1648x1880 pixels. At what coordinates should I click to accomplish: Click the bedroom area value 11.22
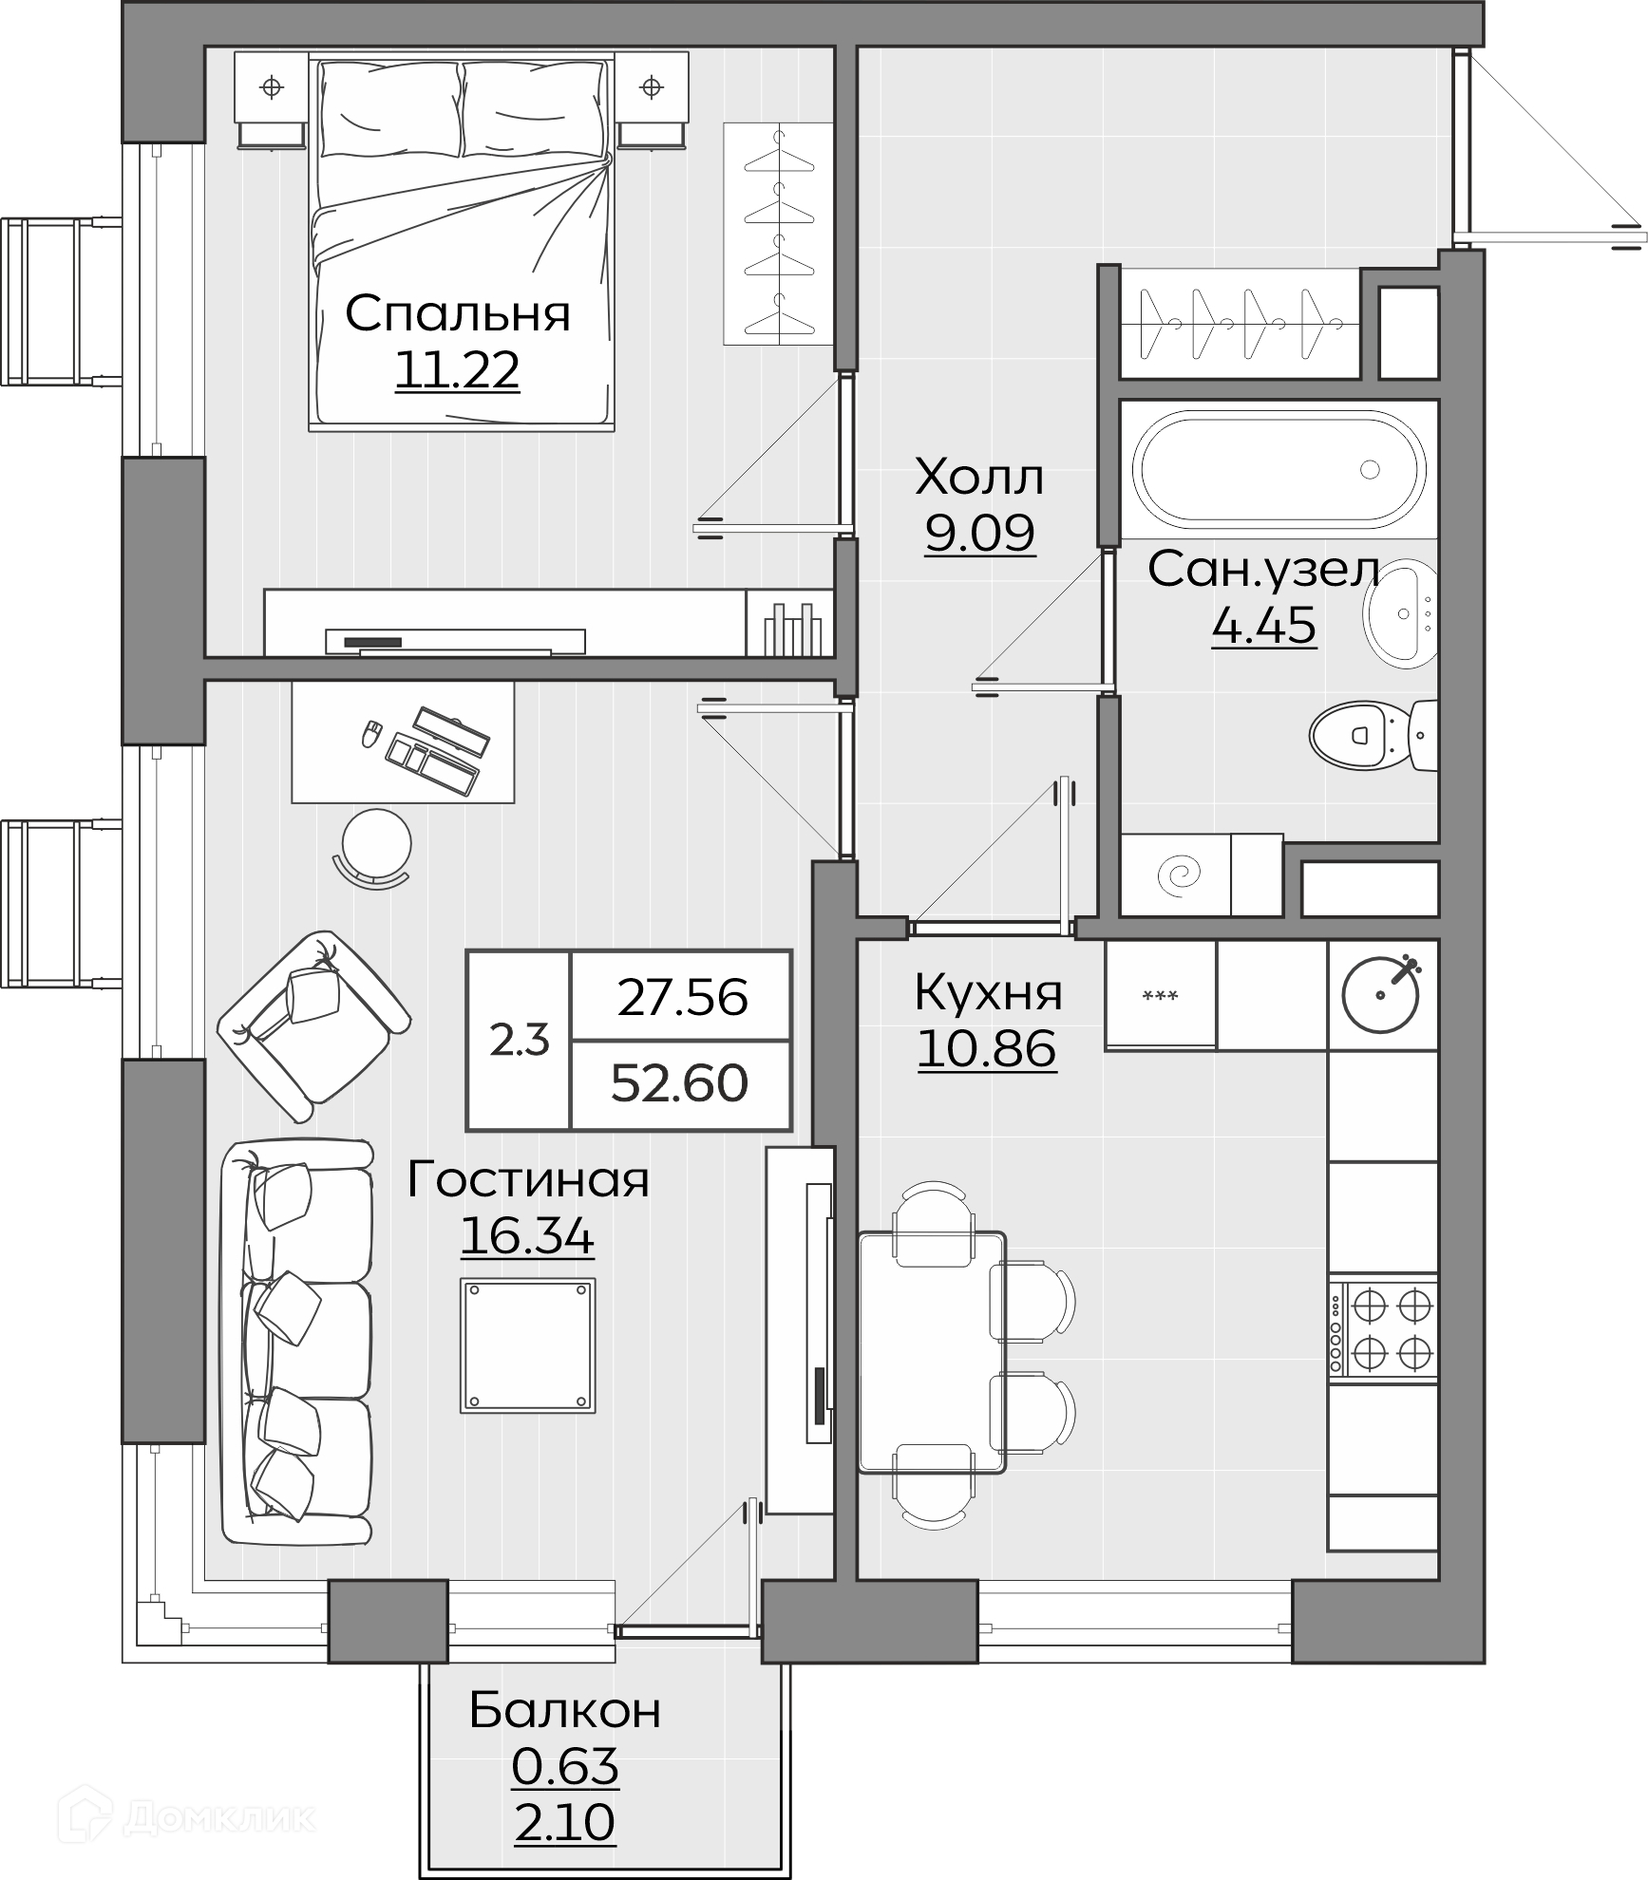click(457, 370)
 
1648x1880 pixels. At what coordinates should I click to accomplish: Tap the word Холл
click(979, 477)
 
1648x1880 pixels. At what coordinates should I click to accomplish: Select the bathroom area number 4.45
click(1264, 625)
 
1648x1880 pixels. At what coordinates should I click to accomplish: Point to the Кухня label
click(988, 993)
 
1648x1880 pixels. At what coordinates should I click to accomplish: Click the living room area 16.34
click(527, 1236)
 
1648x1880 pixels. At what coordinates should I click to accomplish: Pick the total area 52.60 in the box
click(679, 1082)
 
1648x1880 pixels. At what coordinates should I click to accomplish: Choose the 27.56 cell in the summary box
click(682, 997)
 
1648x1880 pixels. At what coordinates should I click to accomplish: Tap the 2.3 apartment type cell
click(520, 1041)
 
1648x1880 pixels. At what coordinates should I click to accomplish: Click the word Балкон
click(565, 1711)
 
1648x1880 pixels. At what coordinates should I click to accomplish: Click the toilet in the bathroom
click(1373, 735)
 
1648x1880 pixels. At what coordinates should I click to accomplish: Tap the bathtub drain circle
click(1370, 469)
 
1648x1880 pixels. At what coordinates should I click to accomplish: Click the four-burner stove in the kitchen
click(1383, 1329)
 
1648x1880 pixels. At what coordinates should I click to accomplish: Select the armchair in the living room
click(313, 1025)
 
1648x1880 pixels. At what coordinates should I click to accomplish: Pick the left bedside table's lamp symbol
click(272, 87)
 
